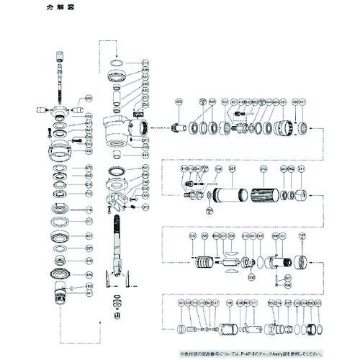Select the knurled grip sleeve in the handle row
click(264, 194)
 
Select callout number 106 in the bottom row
click(230, 302)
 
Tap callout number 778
click(89, 210)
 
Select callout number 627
click(89, 235)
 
